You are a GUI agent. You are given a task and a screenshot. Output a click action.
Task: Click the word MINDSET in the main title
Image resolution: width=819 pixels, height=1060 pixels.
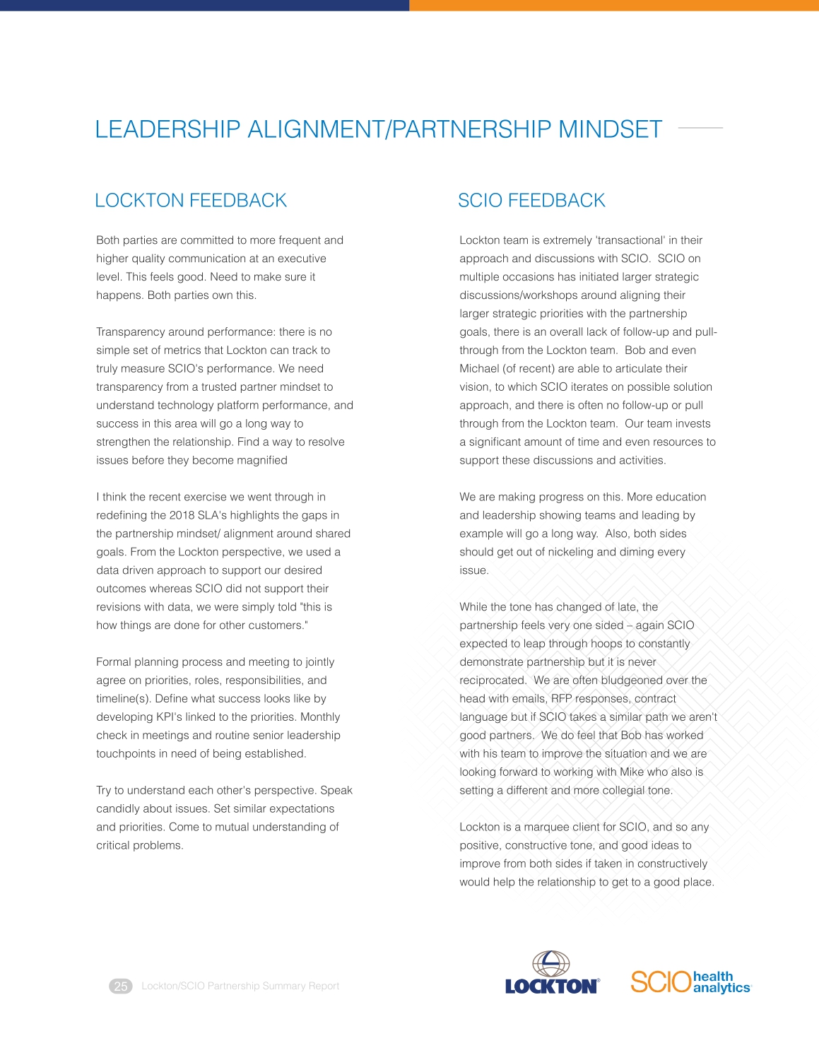click(610, 129)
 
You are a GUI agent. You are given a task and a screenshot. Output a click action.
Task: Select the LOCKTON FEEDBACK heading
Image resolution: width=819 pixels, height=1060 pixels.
click(191, 201)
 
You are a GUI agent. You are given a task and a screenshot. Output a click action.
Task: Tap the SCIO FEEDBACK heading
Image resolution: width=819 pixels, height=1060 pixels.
click(531, 201)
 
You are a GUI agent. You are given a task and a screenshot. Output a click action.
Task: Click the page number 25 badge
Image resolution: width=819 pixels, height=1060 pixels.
click(121, 986)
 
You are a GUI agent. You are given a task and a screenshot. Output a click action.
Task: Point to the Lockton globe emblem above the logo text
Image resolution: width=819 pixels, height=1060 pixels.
click(550, 963)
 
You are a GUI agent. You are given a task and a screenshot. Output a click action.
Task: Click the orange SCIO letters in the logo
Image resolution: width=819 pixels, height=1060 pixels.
click(660, 982)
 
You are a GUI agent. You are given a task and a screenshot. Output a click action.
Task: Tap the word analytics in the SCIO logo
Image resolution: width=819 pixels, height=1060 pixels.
click(721, 988)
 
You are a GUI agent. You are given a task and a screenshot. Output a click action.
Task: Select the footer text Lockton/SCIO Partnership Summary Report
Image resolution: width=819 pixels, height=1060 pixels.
click(240, 986)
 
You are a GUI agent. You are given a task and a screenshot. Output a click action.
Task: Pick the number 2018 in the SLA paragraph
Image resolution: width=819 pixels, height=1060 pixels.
click(182, 515)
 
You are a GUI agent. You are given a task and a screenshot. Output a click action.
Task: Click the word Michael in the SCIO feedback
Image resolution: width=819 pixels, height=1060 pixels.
click(479, 369)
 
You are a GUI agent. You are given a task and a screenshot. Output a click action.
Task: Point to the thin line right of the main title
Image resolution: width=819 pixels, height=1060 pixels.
click(700, 128)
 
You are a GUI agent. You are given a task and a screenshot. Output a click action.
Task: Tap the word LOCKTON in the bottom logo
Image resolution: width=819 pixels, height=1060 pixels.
click(551, 987)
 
